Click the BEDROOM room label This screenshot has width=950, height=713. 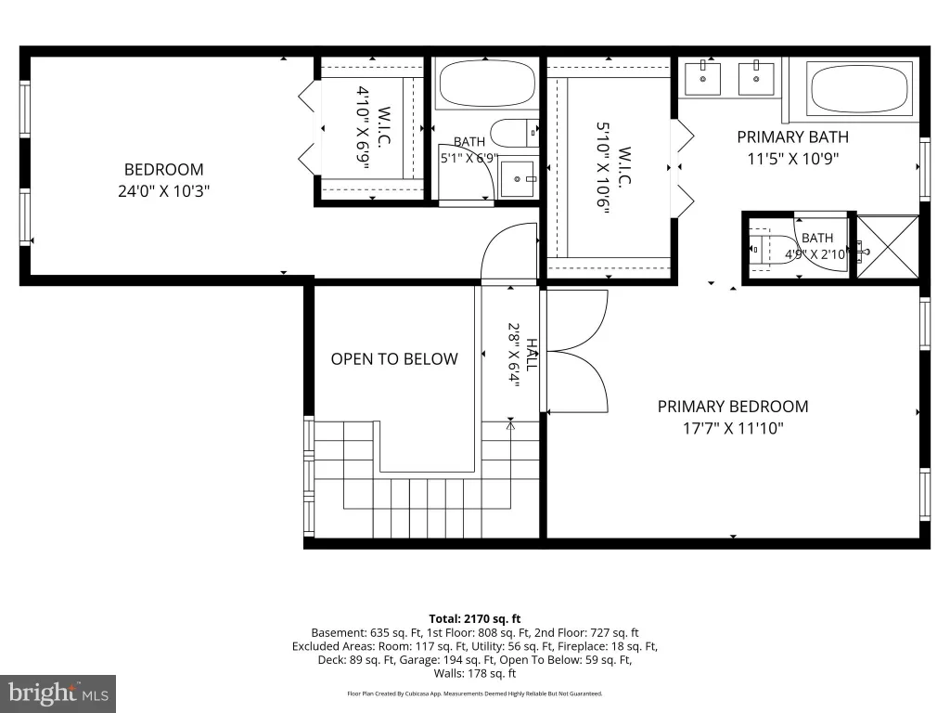tap(163, 169)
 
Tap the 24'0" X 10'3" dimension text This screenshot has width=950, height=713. tap(163, 191)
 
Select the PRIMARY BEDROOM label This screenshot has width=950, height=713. tap(733, 407)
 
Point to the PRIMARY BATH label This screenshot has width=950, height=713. tap(792, 137)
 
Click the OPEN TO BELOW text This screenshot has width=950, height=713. tap(394, 359)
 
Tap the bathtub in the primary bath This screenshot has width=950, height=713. tap(860, 89)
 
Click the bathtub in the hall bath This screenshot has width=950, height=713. tap(487, 84)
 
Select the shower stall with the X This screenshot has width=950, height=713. tap(888, 247)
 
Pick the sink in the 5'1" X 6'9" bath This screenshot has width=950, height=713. tap(518, 179)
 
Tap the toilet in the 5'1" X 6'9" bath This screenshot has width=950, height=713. tap(514, 134)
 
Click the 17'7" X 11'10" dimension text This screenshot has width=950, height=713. tap(733, 428)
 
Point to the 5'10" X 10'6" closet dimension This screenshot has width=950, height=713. tap(602, 168)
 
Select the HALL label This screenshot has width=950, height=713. tap(532, 355)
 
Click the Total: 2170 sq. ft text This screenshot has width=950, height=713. tap(475, 619)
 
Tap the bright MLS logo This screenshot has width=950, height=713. tap(58, 693)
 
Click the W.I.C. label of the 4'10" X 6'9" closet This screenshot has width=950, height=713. tap(383, 126)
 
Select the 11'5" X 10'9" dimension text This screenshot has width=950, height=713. tap(792, 159)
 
